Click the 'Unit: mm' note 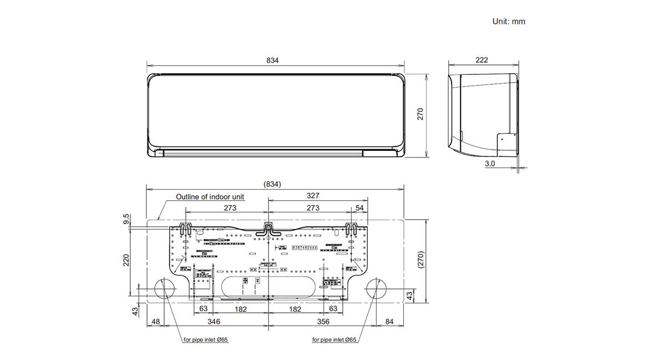point(508,22)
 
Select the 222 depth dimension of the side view point(481,60)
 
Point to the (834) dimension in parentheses point(272,184)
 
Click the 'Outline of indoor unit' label point(210,196)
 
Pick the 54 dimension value point(360,208)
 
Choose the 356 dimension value point(323,322)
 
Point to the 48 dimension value point(155,322)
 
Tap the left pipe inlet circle point(164,290)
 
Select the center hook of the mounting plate point(268,228)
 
